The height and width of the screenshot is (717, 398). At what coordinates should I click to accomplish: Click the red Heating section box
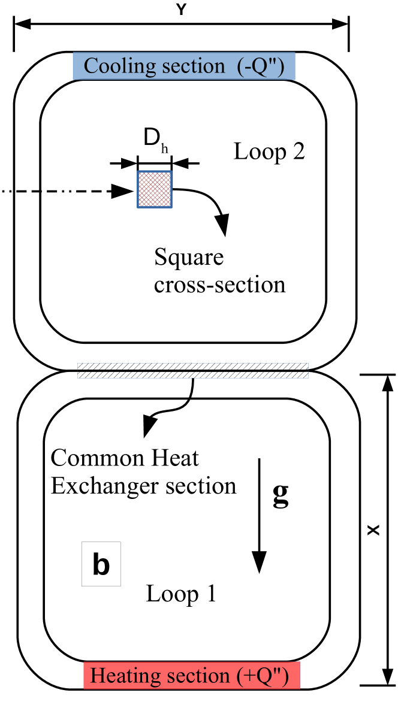(191, 676)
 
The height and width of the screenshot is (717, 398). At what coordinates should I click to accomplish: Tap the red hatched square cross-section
(155, 189)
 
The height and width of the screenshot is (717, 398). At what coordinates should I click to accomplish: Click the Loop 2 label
(269, 152)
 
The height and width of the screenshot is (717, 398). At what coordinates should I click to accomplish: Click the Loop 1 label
(181, 594)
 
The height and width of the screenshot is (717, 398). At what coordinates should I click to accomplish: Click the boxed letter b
(101, 564)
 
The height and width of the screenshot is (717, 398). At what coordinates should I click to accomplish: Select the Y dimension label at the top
(180, 9)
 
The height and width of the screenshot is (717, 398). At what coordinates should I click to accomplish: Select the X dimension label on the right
(373, 530)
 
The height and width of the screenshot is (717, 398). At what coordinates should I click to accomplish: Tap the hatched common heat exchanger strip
(193, 371)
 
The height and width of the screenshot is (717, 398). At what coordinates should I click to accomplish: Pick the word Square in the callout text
(189, 258)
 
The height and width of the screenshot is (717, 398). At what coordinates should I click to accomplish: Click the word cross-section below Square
(219, 284)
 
